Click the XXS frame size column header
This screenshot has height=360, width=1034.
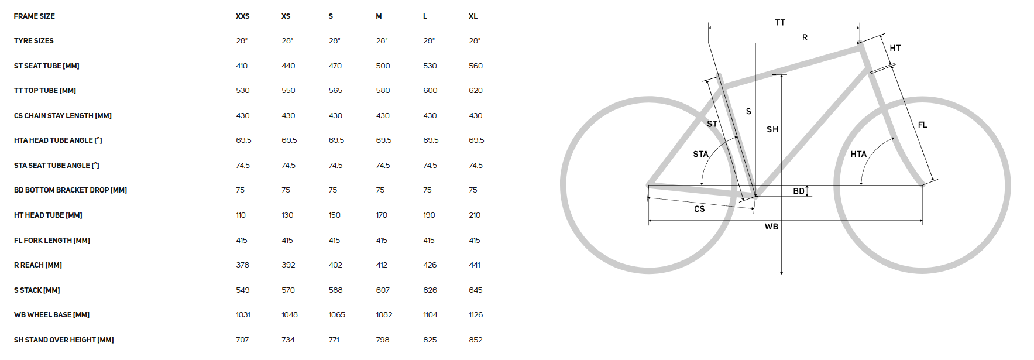243,16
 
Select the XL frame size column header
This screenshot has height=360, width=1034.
473,16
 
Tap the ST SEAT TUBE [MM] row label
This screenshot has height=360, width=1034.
47,66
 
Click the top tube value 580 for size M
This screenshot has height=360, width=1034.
383,91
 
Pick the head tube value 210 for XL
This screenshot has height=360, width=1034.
475,215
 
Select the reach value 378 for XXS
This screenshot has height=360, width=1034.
243,265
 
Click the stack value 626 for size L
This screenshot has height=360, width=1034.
430,290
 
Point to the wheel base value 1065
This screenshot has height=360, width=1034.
337,315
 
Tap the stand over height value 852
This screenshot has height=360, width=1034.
476,340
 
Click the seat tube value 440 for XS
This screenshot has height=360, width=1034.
288,66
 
